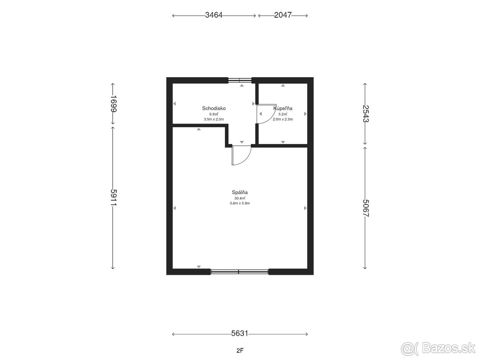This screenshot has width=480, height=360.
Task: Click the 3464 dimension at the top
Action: click(214, 15)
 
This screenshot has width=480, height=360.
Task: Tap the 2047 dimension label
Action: click(283, 15)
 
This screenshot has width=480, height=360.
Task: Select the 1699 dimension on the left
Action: click(114, 104)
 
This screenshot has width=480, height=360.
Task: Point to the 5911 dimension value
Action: click(114, 197)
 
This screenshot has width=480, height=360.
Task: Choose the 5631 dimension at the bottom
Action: click(240, 333)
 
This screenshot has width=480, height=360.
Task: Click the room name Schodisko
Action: click(214, 108)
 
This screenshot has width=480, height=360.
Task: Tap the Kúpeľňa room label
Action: click(283, 108)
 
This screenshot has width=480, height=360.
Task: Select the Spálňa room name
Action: click(240, 192)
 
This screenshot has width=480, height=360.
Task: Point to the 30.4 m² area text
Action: click(240, 198)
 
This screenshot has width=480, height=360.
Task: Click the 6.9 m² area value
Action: click(214, 114)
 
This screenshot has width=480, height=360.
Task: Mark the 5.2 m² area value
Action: click(283, 114)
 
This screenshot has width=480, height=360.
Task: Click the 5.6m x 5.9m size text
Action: click(240, 203)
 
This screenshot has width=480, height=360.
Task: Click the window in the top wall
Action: click(240, 80)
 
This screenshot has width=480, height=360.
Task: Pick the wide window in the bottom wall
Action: click(240, 272)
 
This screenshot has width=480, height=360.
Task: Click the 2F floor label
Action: click(240, 350)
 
